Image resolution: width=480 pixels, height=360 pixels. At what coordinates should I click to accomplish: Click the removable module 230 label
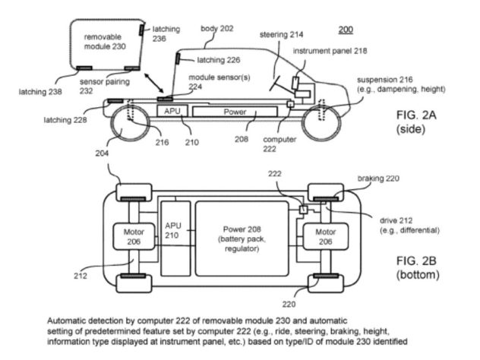(x=105, y=42)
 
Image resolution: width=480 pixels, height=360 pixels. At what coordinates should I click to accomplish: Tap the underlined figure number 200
(x=346, y=30)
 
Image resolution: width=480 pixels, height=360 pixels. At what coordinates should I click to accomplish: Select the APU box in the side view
(x=172, y=111)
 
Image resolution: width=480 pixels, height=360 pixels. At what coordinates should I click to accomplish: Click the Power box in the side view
(x=235, y=112)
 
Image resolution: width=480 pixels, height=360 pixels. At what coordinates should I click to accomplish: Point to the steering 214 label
(x=281, y=35)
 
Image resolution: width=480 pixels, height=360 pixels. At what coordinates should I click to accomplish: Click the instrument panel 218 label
(x=330, y=51)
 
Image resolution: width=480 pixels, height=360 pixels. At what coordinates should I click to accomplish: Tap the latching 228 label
(x=65, y=120)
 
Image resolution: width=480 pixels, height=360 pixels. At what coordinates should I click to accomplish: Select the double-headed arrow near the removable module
(x=153, y=83)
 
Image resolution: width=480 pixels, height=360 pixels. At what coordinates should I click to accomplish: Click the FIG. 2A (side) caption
(x=415, y=122)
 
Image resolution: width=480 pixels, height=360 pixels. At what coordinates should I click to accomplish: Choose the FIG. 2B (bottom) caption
(x=418, y=267)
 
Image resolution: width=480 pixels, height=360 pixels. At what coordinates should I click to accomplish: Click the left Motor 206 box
(x=134, y=236)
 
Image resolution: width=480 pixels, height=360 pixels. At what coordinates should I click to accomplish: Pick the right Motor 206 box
(x=325, y=236)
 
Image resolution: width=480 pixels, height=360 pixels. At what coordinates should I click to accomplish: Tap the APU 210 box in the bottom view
(x=175, y=238)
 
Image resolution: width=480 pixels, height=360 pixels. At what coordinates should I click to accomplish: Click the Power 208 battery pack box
(x=242, y=238)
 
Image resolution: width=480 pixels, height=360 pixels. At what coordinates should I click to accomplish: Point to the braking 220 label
(x=378, y=178)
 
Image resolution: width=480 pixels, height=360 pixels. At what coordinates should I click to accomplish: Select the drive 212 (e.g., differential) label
(x=409, y=226)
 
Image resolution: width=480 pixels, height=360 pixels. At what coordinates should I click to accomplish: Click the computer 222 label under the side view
(x=279, y=144)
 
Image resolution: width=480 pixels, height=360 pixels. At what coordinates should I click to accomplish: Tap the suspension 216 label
(x=401, y=84)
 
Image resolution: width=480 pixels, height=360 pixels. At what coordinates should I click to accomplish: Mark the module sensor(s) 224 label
(x=219, y=82)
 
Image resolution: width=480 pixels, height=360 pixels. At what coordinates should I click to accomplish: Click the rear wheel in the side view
(x=129, y=123)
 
